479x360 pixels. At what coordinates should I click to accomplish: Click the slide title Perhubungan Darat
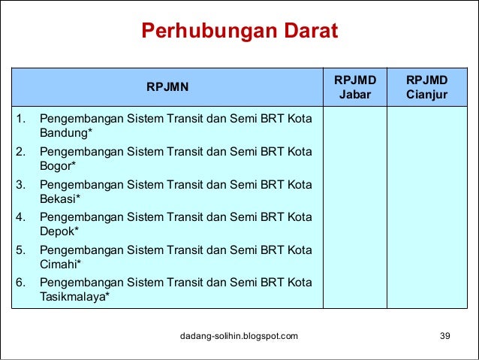click(239, 32)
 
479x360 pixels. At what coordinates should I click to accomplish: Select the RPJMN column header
click(167, 87)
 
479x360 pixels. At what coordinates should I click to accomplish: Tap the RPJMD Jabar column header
click(354, 87)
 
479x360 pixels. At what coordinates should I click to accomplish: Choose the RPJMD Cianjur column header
click(426, 87)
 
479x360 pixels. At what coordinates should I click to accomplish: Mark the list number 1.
click(22, 119)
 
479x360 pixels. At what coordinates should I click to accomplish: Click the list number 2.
click(22, 152)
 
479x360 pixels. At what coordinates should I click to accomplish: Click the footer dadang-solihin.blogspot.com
click(239, 335)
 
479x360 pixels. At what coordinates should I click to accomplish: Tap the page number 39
click(444, 335)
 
